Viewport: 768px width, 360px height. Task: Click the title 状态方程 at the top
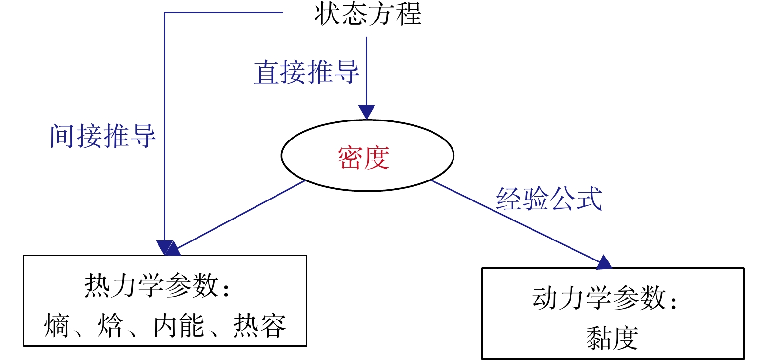pyautogui.click(x=368, y=14)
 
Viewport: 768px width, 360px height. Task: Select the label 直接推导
pyautogui.click(x=306, y=72)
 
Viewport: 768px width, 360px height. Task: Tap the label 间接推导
pyautogui.click(x=102, y=136)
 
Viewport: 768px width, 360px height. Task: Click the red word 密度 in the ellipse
pyautogui.click(x=363, y=158)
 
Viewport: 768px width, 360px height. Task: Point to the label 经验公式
pyautogui.click(x=549, y=199)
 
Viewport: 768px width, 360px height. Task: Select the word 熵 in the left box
pyautogui.click(x=57, y=325)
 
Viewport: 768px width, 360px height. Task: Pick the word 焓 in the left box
pyautogui.click(x=111, y=325)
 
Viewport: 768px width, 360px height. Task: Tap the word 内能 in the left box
pyautogui.click(x=179, y=325)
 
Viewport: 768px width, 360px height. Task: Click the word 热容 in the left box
pyautogui.click(x=259, y=325)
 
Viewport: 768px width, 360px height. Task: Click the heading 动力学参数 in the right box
pyautogui.click(x=599, y=298)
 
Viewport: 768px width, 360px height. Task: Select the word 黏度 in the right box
pyautogui.click(x=612, y=338)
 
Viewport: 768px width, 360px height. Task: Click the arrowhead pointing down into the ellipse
pyautogui.click(x=366, y=112)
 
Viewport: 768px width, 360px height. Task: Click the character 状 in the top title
pyautogui.click(x=327, y=14)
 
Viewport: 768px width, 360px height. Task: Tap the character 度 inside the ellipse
pyautogui.click(x=376, y=158)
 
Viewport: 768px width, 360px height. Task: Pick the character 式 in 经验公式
pyautogui.click(x=589, y=199)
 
